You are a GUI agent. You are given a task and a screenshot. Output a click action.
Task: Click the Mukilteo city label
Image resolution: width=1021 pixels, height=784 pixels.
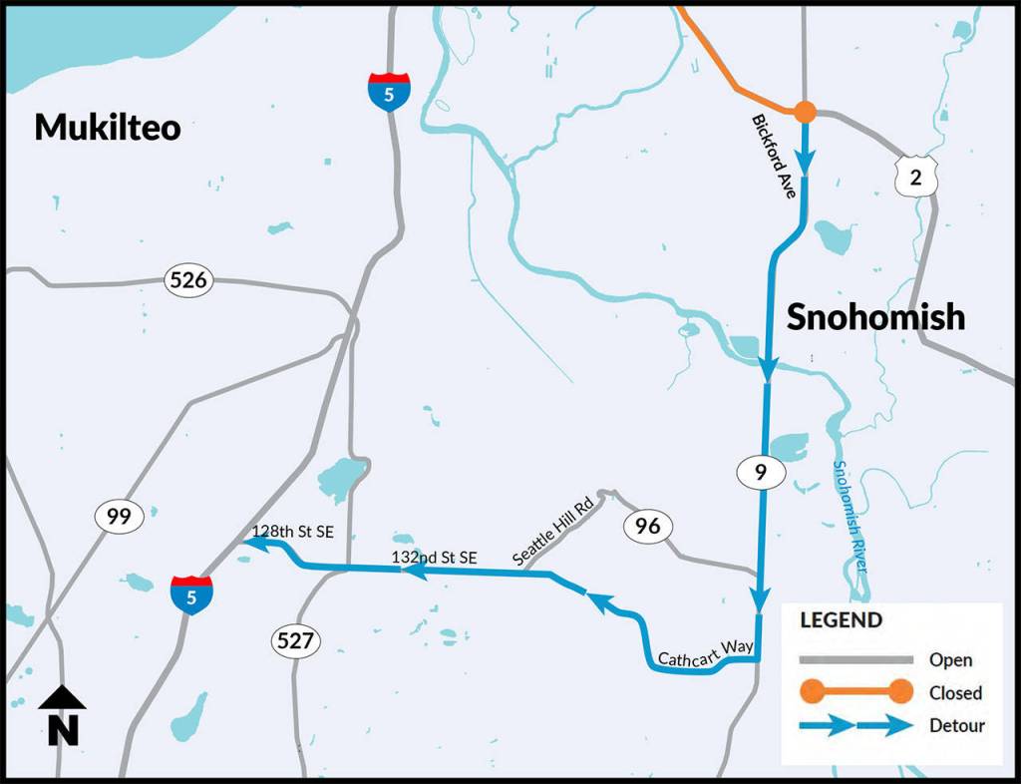[108, 127]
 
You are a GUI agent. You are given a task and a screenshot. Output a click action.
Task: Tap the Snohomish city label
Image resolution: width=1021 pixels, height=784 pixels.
[875, 316]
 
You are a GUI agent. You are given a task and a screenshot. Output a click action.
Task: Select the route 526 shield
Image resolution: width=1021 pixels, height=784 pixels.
[188, 280]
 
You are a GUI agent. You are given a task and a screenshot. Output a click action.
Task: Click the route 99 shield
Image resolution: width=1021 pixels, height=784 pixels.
[120, 516]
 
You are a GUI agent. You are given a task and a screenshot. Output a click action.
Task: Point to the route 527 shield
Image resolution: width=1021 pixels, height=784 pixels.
[296, 640]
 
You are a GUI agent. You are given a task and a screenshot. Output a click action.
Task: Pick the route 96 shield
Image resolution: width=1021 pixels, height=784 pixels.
[648, 526]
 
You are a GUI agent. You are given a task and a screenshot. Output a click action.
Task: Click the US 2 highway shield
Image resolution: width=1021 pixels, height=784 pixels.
[914, 176]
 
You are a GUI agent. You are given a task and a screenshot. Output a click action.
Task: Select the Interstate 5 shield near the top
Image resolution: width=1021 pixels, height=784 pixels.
[388, 90]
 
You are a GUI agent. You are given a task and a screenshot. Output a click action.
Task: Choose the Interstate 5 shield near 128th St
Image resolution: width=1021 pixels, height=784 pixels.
[190, 594]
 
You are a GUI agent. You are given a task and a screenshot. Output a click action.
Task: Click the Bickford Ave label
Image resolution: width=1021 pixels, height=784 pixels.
[775, 156]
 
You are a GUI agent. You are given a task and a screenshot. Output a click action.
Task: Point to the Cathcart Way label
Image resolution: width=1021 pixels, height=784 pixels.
[706, 652]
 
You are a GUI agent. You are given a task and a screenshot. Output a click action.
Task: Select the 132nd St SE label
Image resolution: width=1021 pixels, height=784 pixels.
[435, 557]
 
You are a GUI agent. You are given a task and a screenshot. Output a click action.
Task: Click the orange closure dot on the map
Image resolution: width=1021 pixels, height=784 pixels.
[805, 113]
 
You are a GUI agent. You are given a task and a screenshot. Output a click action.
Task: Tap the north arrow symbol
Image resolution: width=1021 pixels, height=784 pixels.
[62, 715]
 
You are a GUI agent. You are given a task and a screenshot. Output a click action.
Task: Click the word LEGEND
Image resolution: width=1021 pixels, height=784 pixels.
[842, 620]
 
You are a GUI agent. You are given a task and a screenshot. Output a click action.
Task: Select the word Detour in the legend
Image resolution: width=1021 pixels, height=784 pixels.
[956, 725]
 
